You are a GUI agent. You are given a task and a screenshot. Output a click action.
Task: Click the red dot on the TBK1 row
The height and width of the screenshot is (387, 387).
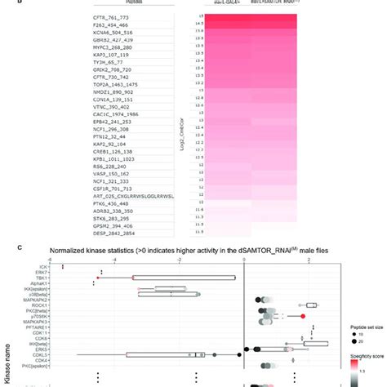[x=97, y=278]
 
